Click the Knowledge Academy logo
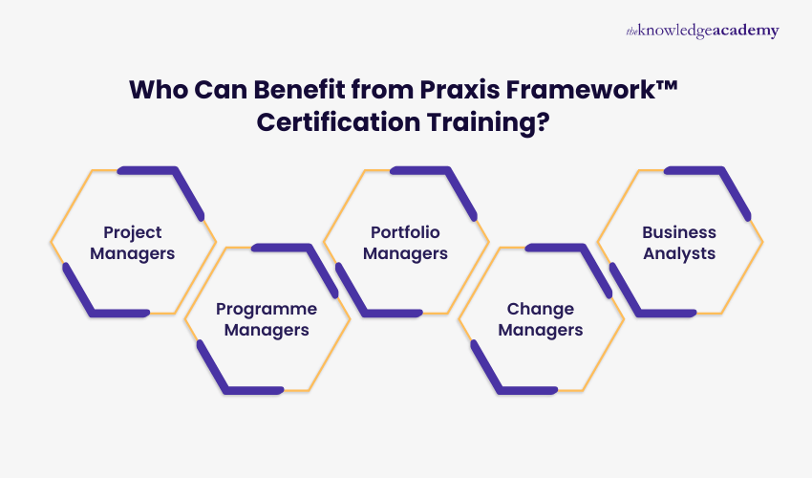pos(702,31)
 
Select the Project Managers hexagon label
pos(133,243)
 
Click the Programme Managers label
pos(267,319)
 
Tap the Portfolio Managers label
pos(406,243)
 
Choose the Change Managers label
pos(541,319)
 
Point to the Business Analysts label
pos(679,243)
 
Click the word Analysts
pos(679,253)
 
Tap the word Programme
pos(267,309)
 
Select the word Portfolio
pos(406,232)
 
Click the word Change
pos(541,309)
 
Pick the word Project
pos(133,232)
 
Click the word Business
pos(679,232)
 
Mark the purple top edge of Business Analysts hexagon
pos(694,170)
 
